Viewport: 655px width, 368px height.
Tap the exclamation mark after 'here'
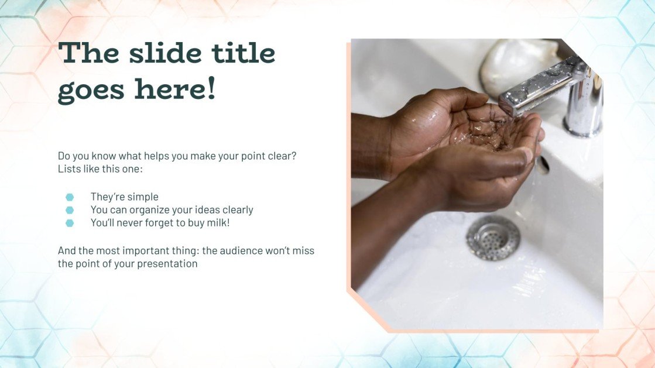click(x=211, y=89)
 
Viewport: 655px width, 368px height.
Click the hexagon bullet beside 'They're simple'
click(x=70, y=197)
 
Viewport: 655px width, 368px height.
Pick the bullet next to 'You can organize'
click(x=70, y=210)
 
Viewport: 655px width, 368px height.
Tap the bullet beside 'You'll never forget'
click(x=70, y=223)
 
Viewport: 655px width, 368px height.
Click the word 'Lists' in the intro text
click(x=69, y=169)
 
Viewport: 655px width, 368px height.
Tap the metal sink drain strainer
click(x=493, y=238)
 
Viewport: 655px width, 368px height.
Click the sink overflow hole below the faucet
click(x=543, y=164)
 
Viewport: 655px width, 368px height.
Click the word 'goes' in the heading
click(x=92, y=90)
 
